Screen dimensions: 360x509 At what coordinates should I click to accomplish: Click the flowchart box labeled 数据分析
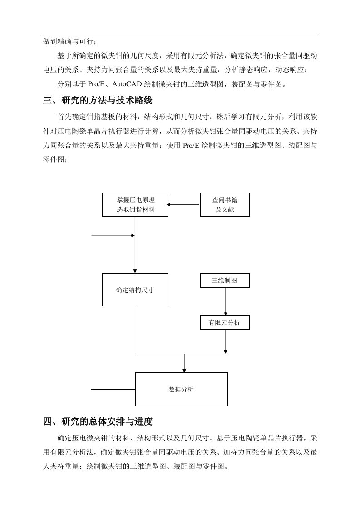click(x=181, y=389)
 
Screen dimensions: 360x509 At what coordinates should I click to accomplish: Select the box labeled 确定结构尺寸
click(x=135, y=289)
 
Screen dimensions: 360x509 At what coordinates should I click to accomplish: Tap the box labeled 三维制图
click(x=225, y=280)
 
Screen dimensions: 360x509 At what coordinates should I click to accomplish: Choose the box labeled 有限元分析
click(x=225, y=323)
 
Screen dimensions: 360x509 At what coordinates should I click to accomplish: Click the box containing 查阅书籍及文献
click(x=225, y=205)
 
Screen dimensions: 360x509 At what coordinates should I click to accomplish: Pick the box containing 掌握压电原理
click(x=135, y=205)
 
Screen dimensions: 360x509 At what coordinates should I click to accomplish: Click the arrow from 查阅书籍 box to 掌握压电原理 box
click(x=183, y=205)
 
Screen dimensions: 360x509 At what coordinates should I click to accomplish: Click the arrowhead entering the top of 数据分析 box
click(x=184, y=370)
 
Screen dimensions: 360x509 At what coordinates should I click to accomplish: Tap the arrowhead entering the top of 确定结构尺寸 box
click(x=135, y=271)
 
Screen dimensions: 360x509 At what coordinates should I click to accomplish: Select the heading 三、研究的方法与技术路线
click(x=98, y=101)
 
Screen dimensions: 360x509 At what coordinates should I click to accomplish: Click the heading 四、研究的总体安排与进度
click(x=98, y=422)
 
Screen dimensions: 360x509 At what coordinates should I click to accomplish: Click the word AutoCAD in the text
click(x=127, y=84)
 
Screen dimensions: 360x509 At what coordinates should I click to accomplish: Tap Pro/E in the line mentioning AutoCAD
click(x=97, y=84)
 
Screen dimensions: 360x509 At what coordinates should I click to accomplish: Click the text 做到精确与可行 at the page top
click(x=68, y=42)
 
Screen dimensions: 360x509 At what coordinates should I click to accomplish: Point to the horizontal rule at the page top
click(x=180, y=33)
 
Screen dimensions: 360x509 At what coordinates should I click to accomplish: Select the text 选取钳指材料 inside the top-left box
click(x=135, y=210)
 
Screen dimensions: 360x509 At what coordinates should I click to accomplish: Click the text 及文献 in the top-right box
click(x=225, y=210)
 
